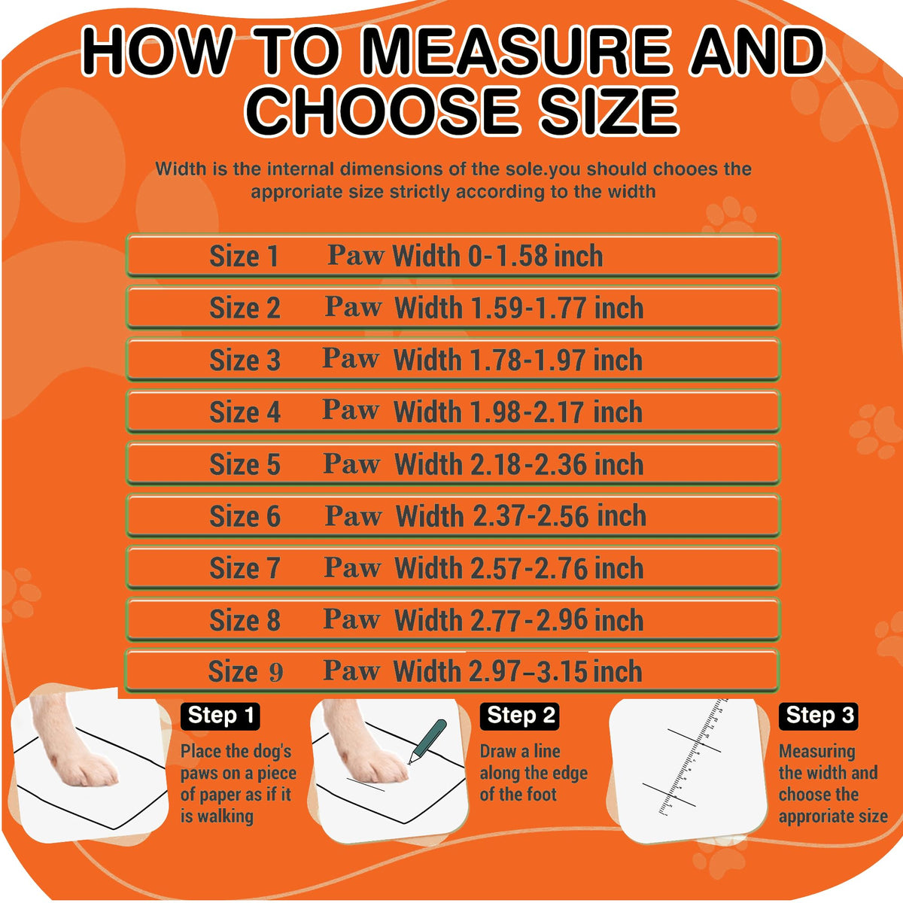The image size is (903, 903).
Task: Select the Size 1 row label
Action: (x=244, y=257)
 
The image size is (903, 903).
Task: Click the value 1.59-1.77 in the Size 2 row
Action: (x=528, y=308)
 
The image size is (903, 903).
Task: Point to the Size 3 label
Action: (x=245, y=360)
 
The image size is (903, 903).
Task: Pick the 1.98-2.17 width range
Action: (x=528, y=412)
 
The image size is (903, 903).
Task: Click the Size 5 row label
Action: (x=245, y=464)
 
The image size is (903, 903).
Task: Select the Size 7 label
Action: (x=245, y=568)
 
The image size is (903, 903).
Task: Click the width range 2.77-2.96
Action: (x=529, y=620)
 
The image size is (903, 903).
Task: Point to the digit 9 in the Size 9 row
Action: (x=276, y=672)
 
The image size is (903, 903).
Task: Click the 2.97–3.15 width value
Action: (x=528, y=671)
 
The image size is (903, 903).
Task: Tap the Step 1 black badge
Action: (x=220, y=716)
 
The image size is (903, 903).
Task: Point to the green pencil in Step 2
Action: (x=427, y=741)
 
